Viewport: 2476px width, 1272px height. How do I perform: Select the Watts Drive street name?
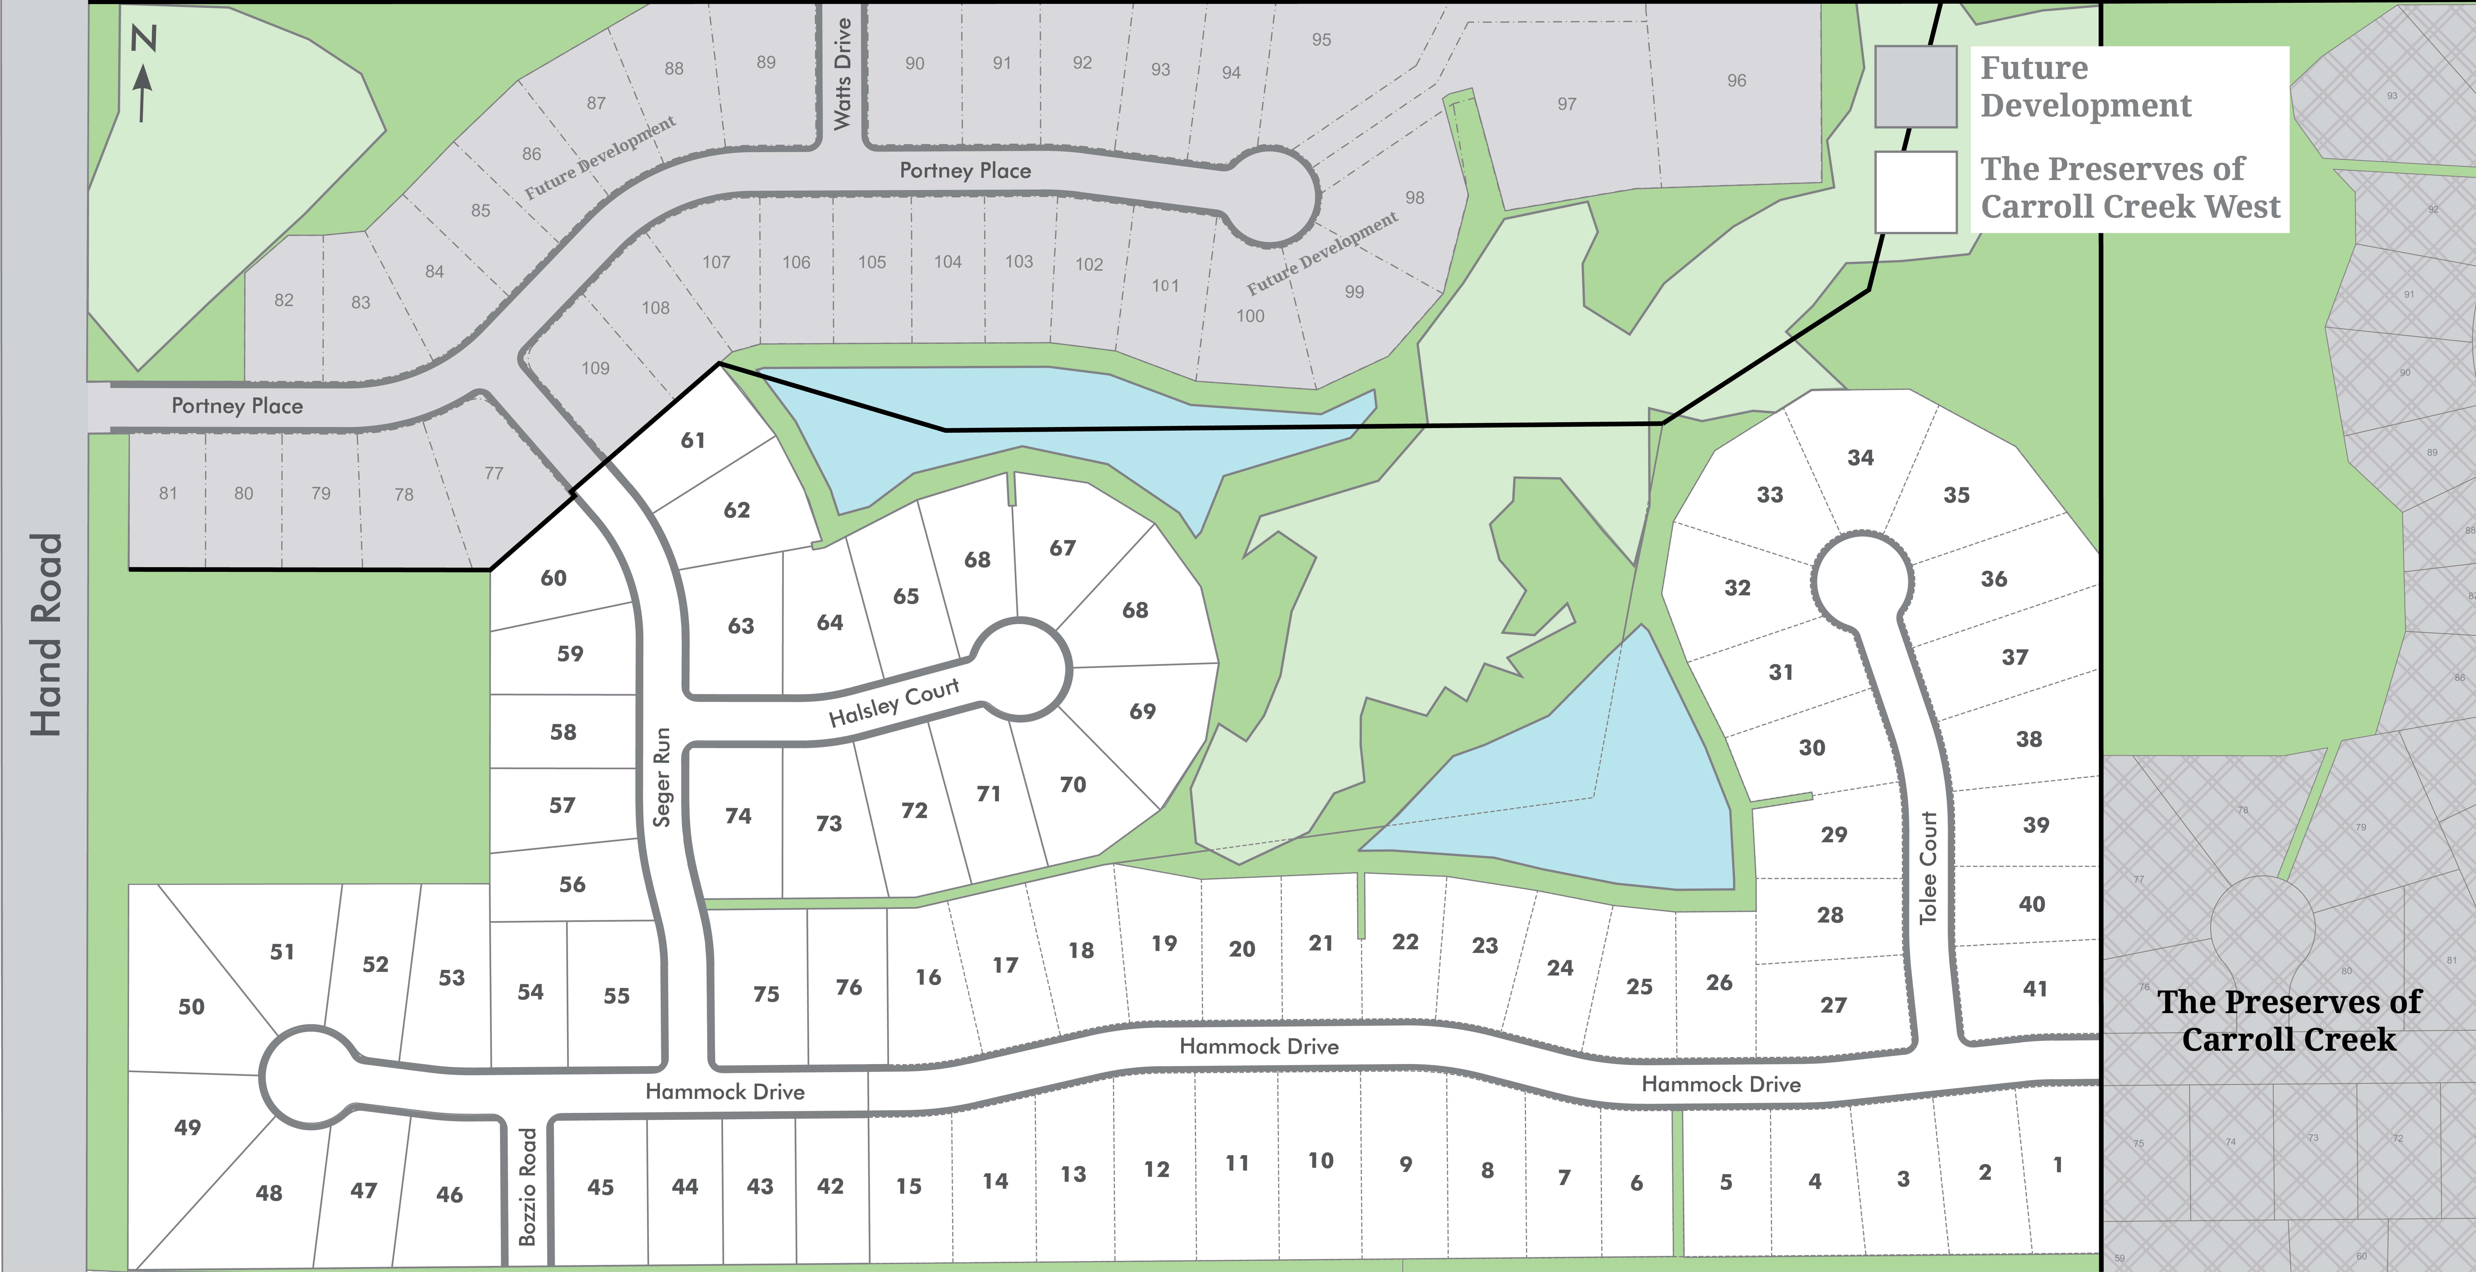(x=842, y=74)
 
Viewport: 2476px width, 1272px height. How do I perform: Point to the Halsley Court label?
(x=894, y=701)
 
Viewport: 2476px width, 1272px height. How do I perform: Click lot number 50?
(x=191, y=1007)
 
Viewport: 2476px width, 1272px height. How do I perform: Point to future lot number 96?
(x=1736, y=81)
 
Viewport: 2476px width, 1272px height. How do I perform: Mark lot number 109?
(x=595, y=368)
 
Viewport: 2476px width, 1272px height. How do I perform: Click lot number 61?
(x=693, y=440)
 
